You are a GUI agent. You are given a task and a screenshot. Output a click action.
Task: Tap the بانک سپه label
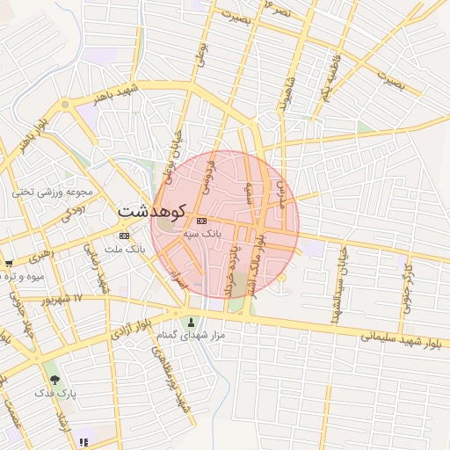point(202,235)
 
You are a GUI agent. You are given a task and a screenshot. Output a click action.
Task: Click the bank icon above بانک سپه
point(202,221)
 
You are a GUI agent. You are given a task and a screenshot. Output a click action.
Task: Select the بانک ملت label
point(123,250)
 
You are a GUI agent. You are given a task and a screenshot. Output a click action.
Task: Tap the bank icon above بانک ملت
point(123,236)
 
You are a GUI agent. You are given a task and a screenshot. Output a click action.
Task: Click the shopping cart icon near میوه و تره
point(8,264)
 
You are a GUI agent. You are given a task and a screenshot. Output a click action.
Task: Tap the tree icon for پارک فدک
point(55,379)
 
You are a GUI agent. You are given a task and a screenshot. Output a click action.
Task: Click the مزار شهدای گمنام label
point(191,336)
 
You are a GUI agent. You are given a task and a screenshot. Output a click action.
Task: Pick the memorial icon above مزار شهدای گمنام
point(192,322)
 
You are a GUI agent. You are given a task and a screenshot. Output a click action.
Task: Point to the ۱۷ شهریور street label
point(90,299)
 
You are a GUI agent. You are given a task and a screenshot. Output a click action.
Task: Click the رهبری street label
point(41,258)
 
